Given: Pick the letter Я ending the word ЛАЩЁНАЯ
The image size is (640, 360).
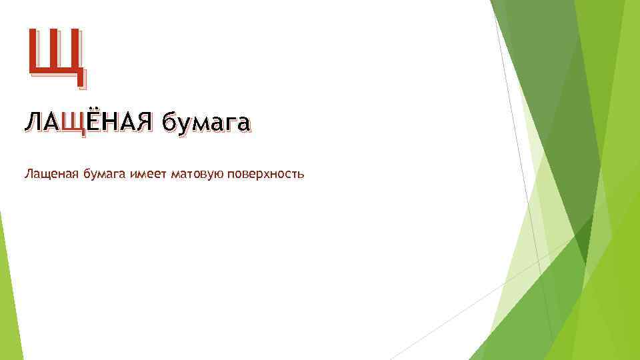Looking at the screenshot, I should click(x=145, y=123).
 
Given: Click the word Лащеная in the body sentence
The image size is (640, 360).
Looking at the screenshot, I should click(x=51, y=175).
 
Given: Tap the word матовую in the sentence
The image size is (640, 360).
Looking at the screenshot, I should click(x=197, y=175).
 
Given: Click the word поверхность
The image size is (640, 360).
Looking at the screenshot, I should click(x=265, y=175).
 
